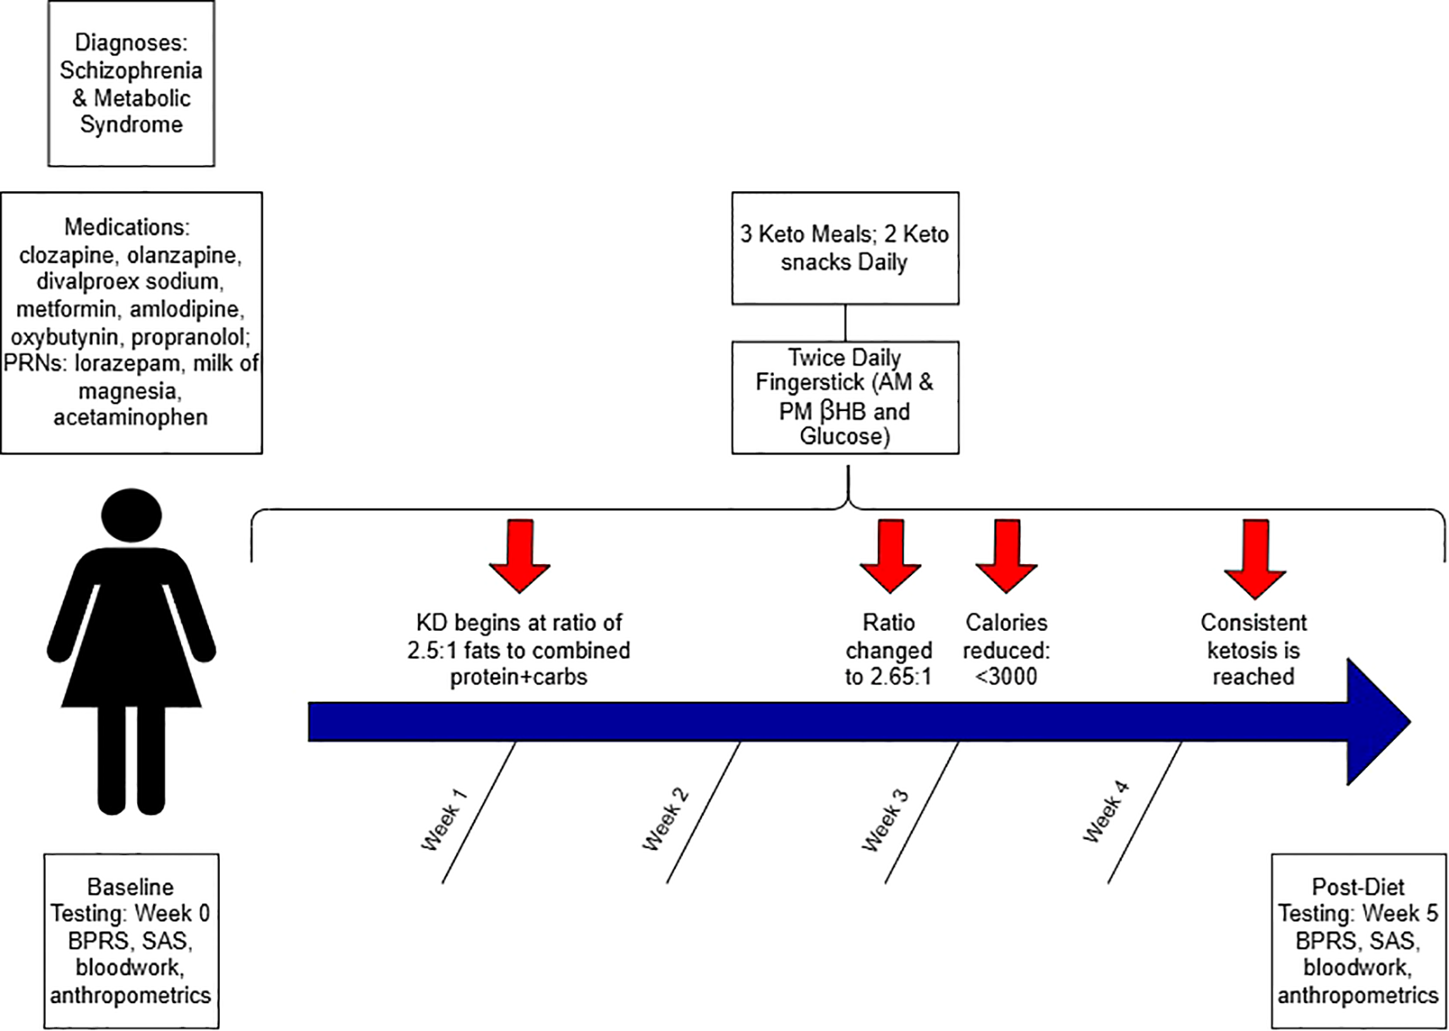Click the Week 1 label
[444, 819]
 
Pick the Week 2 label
[666, 819]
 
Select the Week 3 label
[885, 819]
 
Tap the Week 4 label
[1106, 812]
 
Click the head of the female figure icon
[131, 515]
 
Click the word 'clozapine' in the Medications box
[69, 255]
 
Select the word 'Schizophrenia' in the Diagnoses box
[131, 70]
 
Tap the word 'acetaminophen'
[130, 417]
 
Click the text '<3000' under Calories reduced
[1006, 677]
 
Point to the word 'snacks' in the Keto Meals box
[815, 262]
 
